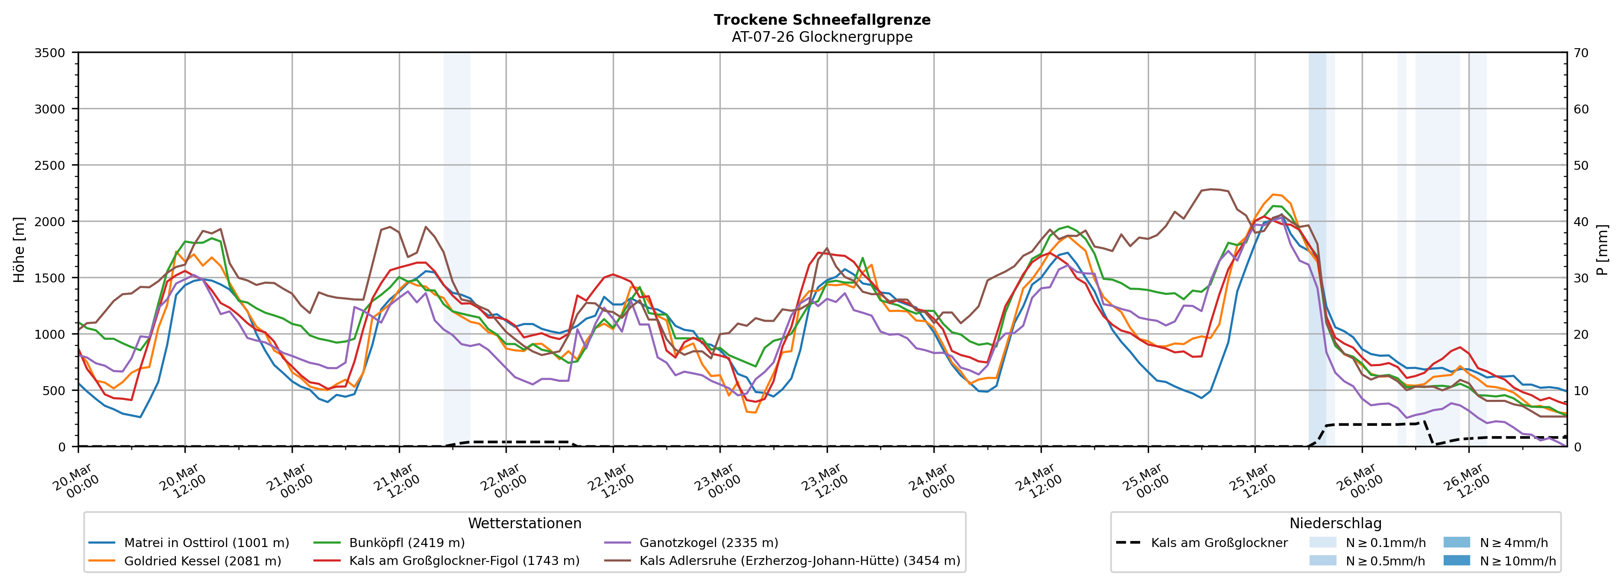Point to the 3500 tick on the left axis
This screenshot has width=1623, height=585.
(x=50, y=53)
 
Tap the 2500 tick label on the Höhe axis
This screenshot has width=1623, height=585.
(x=50, y=166)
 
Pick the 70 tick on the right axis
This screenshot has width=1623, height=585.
(x=1581, y=53)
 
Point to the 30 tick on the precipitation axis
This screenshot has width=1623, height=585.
(x=1581, y=278)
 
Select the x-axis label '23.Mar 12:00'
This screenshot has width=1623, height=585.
(x=823, y=482)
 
